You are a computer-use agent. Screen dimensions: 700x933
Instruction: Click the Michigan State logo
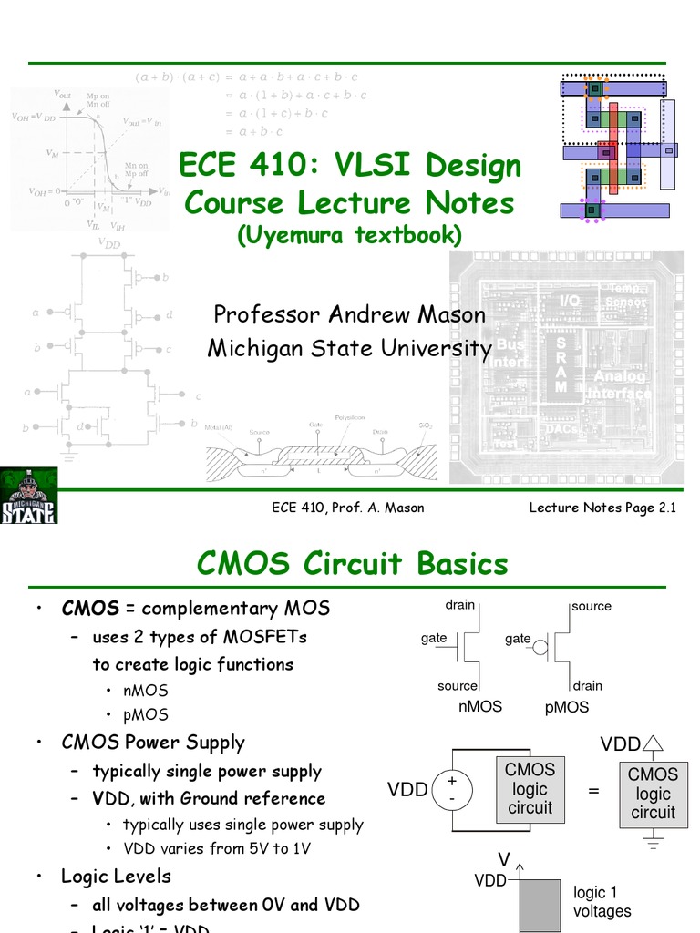click(29, 496)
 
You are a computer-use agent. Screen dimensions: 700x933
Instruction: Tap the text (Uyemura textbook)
click(350, 235)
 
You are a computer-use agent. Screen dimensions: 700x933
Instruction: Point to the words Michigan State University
click(350, 348)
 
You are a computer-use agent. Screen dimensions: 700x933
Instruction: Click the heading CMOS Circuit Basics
click(353, 564)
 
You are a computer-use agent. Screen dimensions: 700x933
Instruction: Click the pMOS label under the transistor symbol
click(566, 707)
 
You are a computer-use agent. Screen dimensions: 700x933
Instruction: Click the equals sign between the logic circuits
click(594, 791)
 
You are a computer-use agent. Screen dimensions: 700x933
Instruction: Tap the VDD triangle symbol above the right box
click(654, 744)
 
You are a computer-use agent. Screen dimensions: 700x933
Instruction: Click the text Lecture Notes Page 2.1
click(602, 508)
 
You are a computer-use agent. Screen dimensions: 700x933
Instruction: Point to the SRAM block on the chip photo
click(561, 363)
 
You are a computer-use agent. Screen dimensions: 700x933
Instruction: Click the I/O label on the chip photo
click(570, 301)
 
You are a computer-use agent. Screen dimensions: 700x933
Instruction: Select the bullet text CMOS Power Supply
click(153, 743)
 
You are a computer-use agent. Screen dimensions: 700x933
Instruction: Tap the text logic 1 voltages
click(602, 902)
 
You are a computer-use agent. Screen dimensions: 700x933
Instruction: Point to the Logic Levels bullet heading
click(116, 877)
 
